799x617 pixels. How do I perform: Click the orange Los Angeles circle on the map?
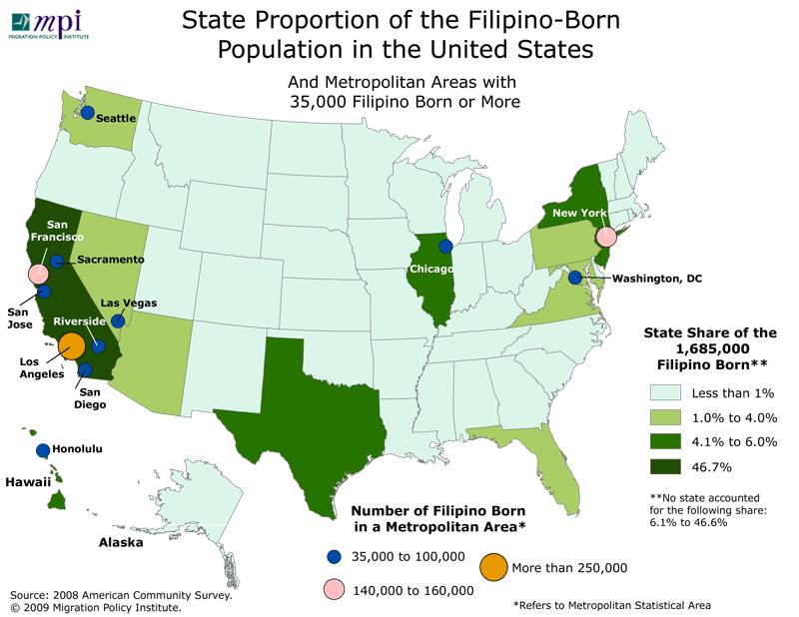(x=72, y=345)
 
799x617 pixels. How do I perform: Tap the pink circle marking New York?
(x=605, y=237)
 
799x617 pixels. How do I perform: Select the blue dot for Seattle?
(x=88, y=113)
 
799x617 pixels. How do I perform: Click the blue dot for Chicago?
(x=445, y=246)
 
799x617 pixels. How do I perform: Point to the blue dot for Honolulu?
(x=43, y=450)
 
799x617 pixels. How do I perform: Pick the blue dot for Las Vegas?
(x=118, y=320)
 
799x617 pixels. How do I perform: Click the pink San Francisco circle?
(x=38, y=274)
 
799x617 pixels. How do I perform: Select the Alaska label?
(x=120, y=543)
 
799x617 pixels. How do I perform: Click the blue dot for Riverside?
(x=98, y=345)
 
